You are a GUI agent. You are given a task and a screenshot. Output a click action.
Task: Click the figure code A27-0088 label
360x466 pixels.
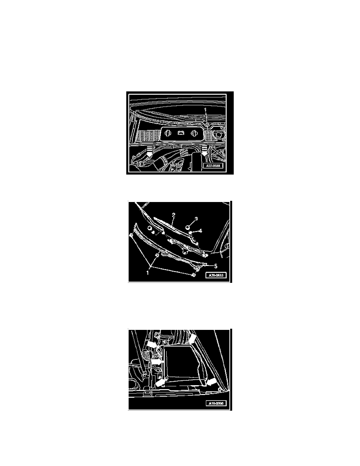pyautogui.click(x=216, y=166)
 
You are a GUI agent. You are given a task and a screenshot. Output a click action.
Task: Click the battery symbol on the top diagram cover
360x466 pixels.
pyautogui.click(x=180, y=133)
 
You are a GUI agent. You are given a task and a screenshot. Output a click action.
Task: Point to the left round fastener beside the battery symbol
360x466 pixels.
pyautogui.click(x=167, y=133)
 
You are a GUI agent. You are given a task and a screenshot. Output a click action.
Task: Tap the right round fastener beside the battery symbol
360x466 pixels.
pyautogui.click(x=193, y=133)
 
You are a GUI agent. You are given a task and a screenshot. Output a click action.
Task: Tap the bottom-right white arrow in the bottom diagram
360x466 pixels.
pyautogui.click(x=211, y=382)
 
